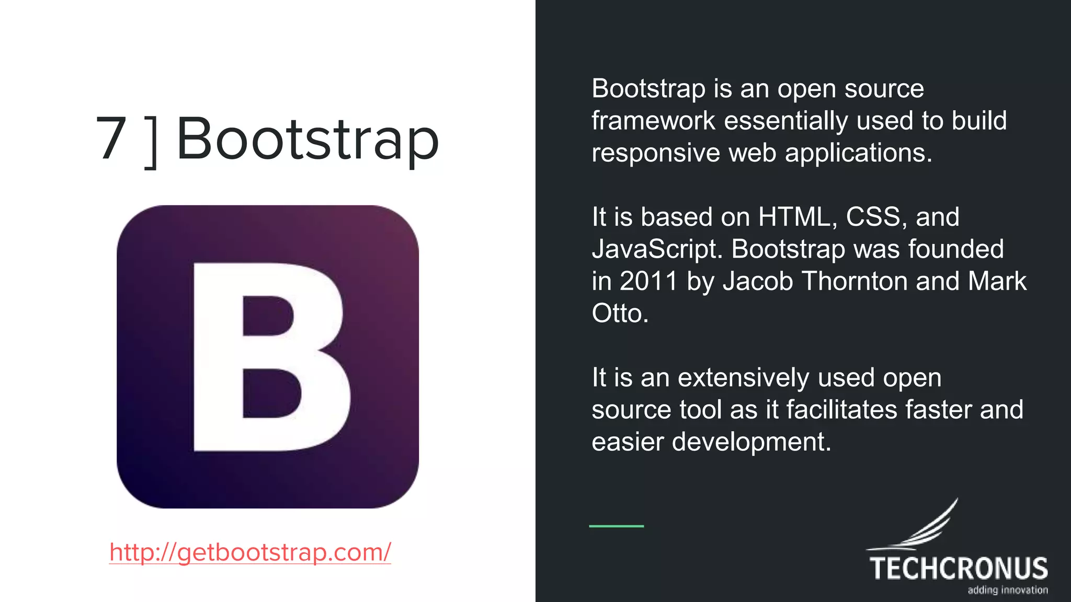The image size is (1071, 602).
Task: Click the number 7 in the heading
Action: click(111, 138)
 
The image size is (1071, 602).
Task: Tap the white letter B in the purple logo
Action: click(269, 357)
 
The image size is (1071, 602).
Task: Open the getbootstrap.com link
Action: click(250, 552)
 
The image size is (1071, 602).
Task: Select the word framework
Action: click(653, 121)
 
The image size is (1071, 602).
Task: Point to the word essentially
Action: click(785, 121)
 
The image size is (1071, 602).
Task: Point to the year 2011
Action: click(648, 281)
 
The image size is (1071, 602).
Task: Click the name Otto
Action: click(620, 314)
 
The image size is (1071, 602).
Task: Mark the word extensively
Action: click(744, 378)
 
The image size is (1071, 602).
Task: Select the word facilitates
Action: click(841, 410)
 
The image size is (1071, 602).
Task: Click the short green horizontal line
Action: click(616, 526)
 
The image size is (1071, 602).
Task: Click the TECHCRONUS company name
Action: click(959, 569)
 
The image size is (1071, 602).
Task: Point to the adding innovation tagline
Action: click(1007, 590)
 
